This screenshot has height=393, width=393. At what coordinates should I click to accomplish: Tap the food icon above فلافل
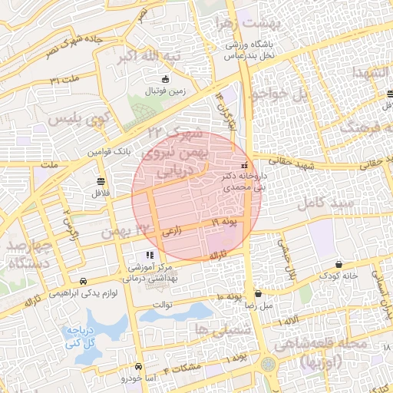[x=101, y=181]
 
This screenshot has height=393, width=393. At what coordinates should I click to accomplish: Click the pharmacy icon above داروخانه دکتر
[x=244, y=165]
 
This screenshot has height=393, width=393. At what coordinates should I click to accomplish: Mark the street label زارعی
[x=172, y=230]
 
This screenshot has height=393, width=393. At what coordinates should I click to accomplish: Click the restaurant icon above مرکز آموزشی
[x=150, y=255]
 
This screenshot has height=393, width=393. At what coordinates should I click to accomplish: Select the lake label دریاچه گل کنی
[x=79, y=338]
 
